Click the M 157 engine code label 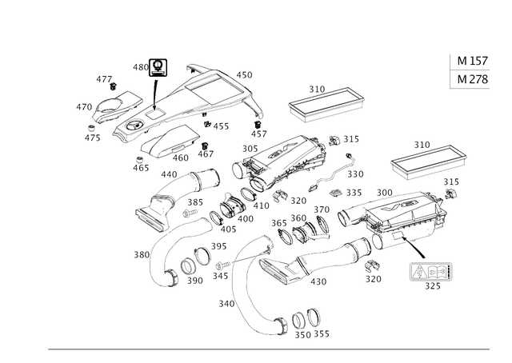pyautogui.click(x=472, y=61)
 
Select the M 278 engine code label pyautogui.click(x=472, y=79)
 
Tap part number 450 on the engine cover pyautogui.click(x=244, y=75)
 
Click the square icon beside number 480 pyautogui.click(x=158, y=68)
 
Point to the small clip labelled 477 pyautogui.click(x=113, y=86)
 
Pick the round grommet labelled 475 pyautogui.click(x=92, y=127)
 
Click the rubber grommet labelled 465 pyautogui.click(x=140, y=160)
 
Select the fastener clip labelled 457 pyautogui.click(x=258, y=125)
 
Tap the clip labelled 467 pyautogui.click(x=205, y=146)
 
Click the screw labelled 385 pyautogui.click(x=190, y=213)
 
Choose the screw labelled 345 pyautogui.click(x=223, y=265)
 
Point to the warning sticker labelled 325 pyautogui.click(x=431, y=272)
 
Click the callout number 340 pyautogui.click(x=226, y=304)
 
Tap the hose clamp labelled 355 pyautogui.click(x=314, y=317)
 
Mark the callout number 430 pyautogui.click(x=318, y=281)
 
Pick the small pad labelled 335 pyautogui.click(x=335, y=193)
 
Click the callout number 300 pyautogui.click(x=384, y=193)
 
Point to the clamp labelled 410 pyautogui.click(x=248, y=194)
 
